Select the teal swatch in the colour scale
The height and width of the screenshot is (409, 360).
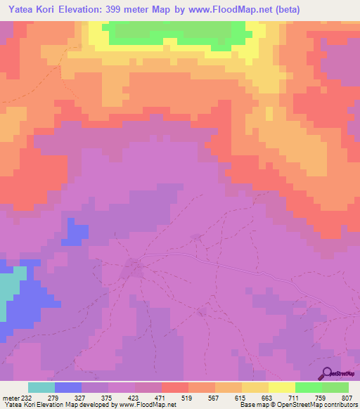[41, 387]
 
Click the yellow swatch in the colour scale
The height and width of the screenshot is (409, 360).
[282, 387]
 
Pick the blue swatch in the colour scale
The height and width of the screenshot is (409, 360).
[68, 387]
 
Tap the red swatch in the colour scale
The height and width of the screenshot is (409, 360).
[175, 387]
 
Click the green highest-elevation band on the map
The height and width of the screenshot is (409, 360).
[176, 32]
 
